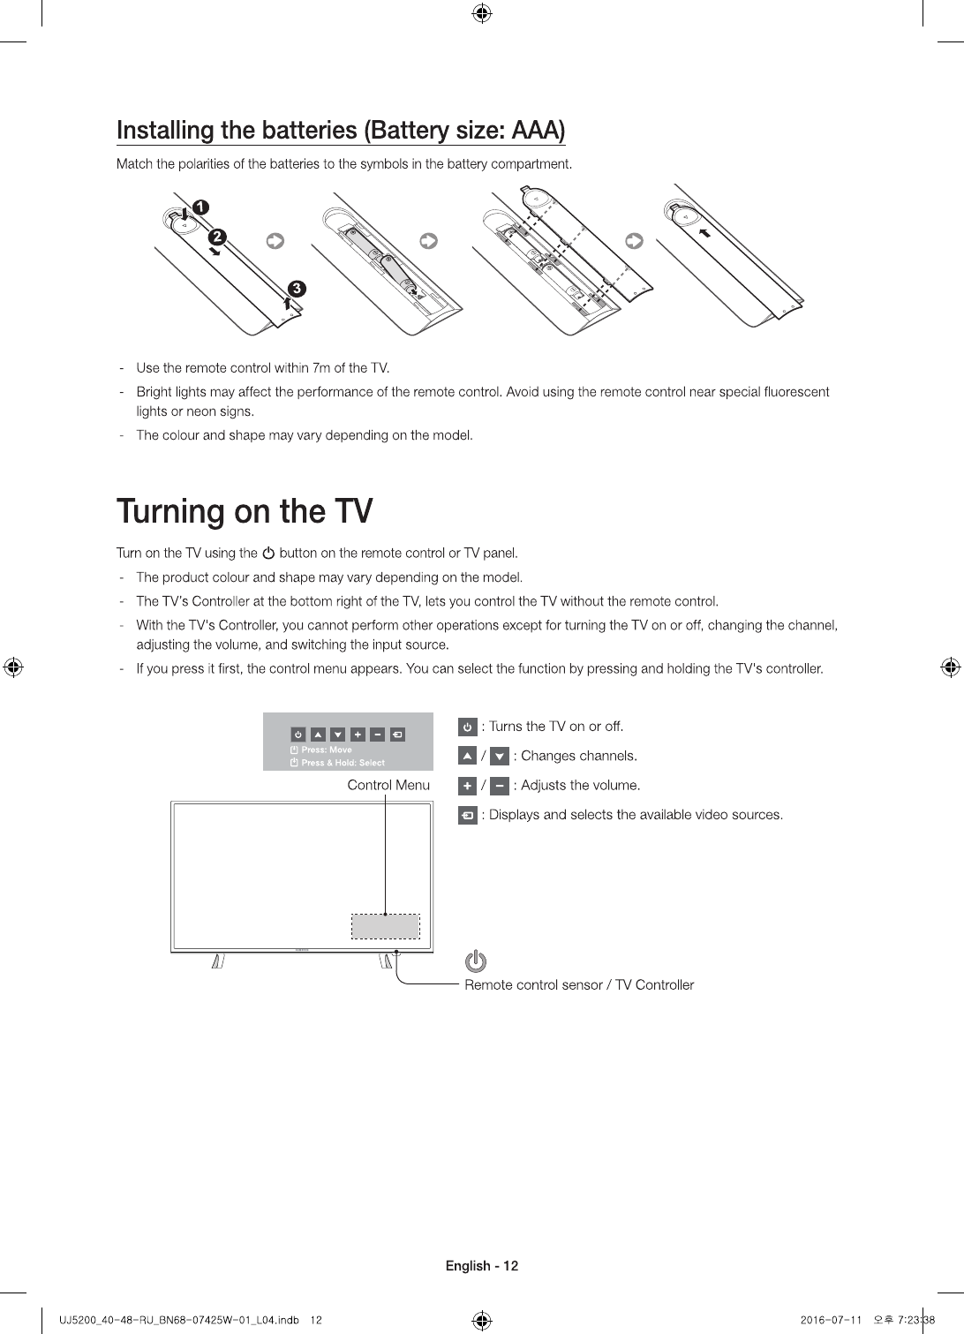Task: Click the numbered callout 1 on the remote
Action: [x=201, y=207]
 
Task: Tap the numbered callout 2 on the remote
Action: [x=217, y=237]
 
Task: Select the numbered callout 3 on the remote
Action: [x=297, y=289]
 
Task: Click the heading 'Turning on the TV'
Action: [x=245, y=511]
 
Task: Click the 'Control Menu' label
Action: [x=388, y=785]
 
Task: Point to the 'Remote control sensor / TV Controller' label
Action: [x=579, y=984]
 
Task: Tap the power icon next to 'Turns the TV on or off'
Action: [x=468, y=727]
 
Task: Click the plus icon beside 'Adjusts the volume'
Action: [x=468, y=786]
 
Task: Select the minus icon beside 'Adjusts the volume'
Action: [x=499, y=786]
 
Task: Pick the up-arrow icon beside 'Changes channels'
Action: [x=468, y=756]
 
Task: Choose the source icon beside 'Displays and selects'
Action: [x=468, y=815]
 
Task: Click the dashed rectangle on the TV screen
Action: [x=386, y=926]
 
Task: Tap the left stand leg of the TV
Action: [x=217, y=961]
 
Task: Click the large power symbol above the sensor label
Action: [x=476, y=961]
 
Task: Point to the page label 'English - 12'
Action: [x=482, y=1266]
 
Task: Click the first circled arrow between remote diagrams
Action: [x=275, y=241]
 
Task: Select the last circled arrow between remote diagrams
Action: [x=633, y=241]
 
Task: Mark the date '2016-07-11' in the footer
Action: [x=830, y=1320]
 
